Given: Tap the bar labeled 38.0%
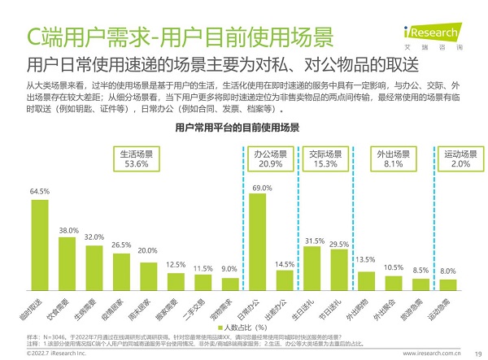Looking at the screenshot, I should (68, 263).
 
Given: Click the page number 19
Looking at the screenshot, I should (475, 353).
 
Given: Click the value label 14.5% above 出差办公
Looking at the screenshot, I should (285, 264).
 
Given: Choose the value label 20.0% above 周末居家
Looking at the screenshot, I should (147, 251).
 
